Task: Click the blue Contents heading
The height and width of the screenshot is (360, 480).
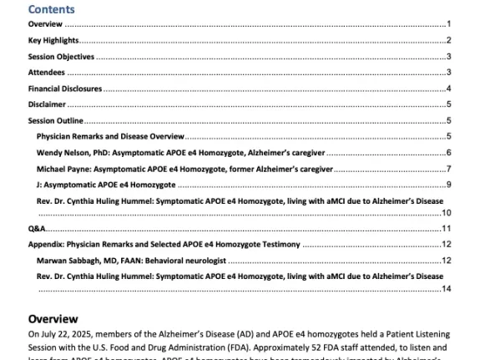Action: point(51,10)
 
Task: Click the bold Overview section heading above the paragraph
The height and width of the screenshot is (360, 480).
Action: point(54,319)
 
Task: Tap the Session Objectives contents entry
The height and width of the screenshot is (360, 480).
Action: point(61,57)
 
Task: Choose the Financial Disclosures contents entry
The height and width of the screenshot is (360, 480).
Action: point(63,89)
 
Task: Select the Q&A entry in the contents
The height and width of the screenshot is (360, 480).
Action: point(36,228)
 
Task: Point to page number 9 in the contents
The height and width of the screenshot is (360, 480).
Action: point(448,185)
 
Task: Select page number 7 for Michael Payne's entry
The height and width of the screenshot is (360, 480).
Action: point(448,169)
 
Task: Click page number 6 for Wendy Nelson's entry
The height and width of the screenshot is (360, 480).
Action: point(448,153)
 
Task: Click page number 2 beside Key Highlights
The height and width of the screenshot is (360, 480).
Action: point(448,40)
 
